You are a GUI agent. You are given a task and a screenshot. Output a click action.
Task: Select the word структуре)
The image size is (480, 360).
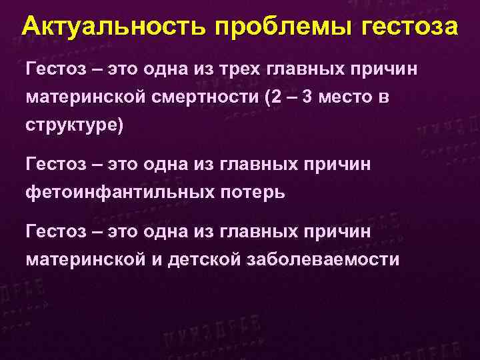click(75, 127)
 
